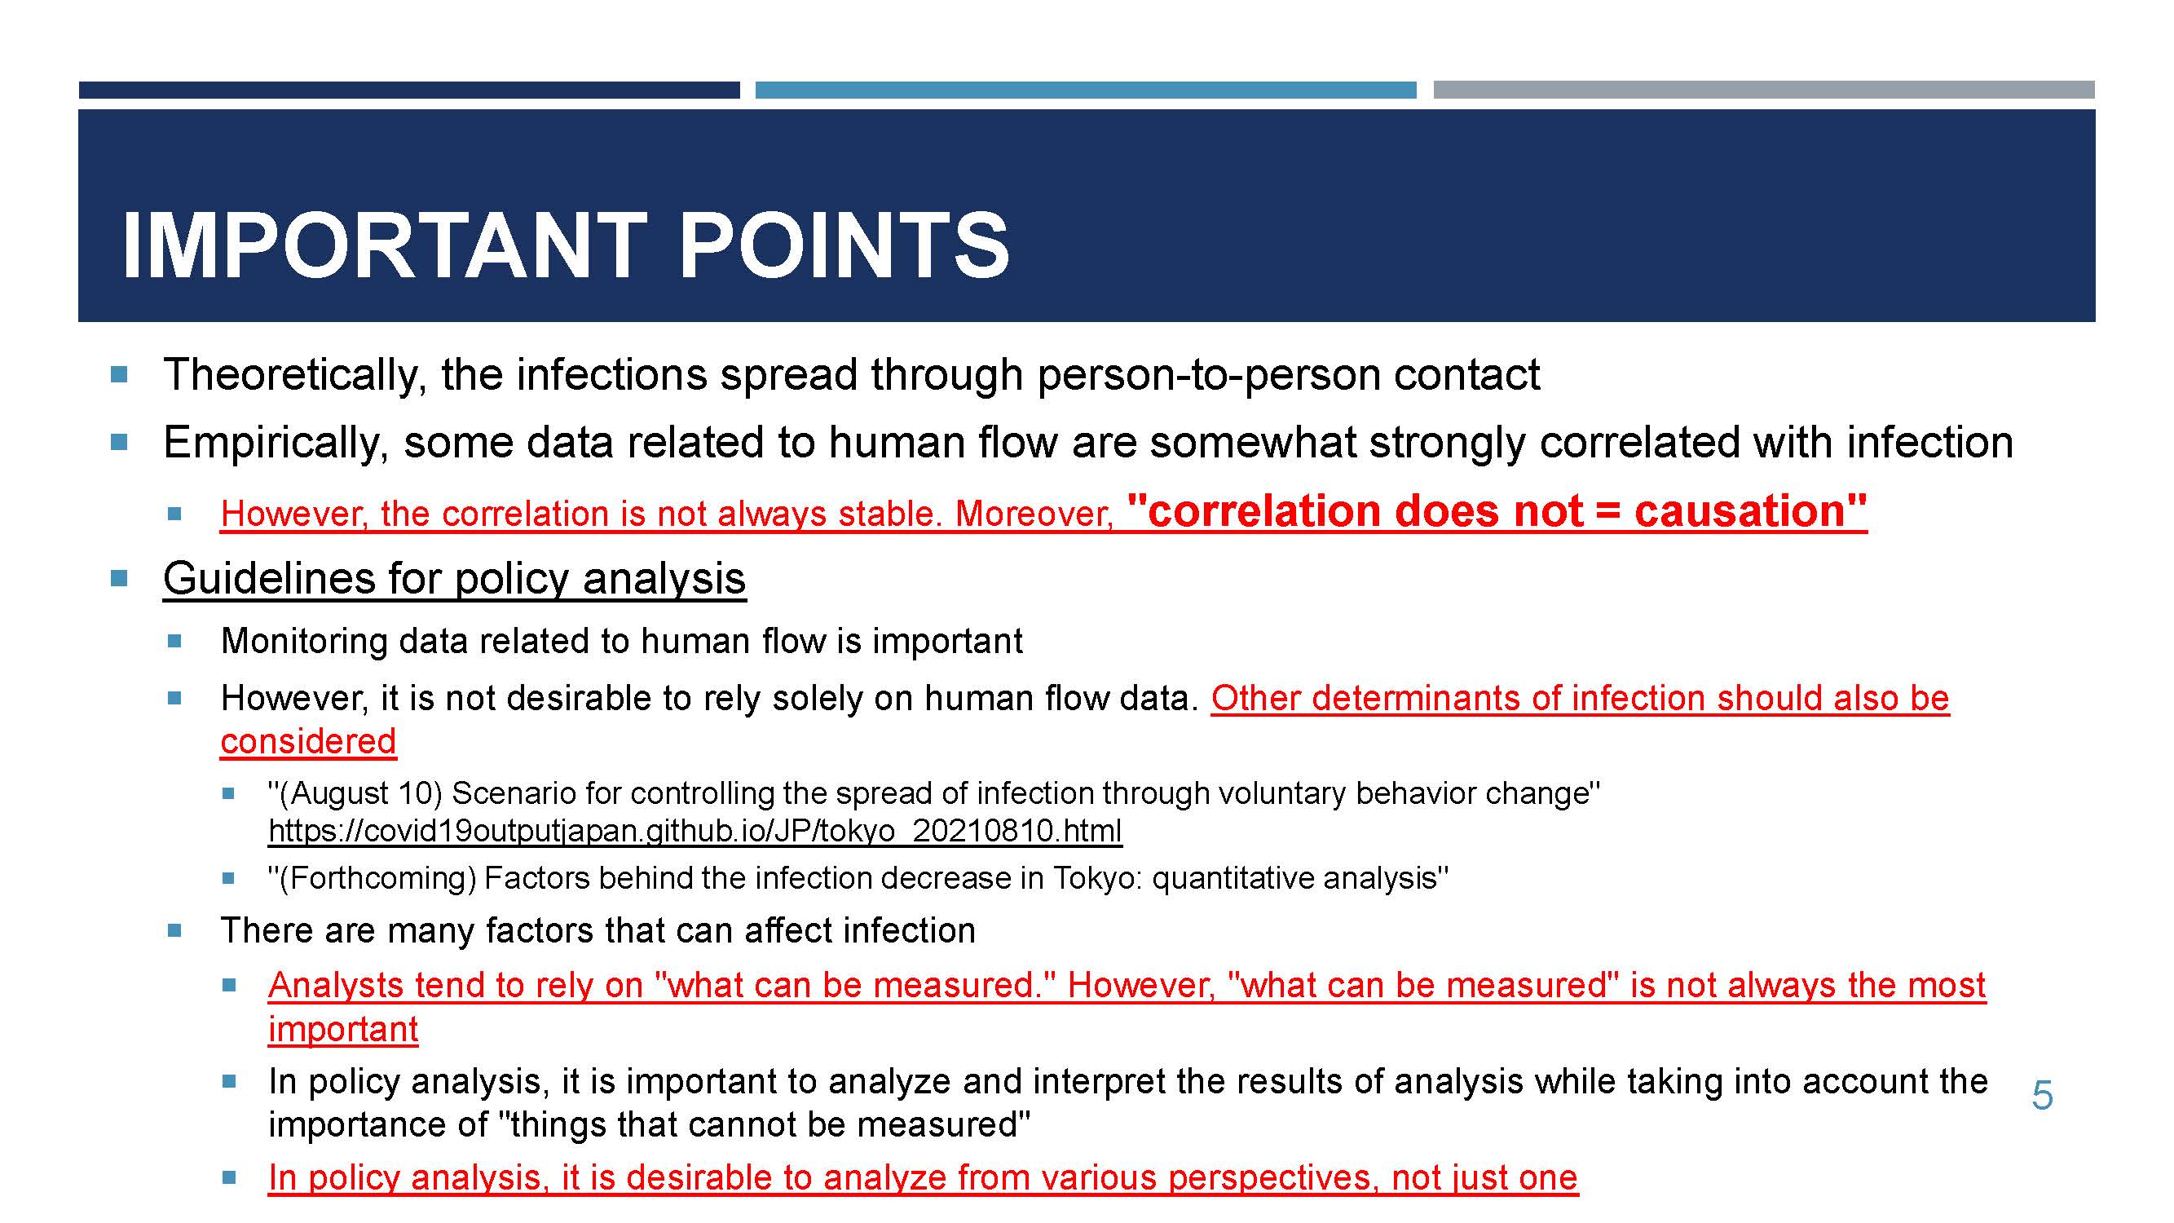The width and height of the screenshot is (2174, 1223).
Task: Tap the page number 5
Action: [x=2042, y=1095]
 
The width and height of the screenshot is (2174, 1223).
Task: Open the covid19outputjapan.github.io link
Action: [x=695, y=831]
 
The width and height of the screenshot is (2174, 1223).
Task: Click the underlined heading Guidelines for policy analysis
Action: [x=454, y=579]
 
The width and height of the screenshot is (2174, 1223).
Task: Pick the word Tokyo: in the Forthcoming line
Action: [x=1097, y=878]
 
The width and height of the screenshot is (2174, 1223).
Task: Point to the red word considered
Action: [x=308, y=741]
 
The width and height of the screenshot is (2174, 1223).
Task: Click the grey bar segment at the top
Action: [x=1764, y=90]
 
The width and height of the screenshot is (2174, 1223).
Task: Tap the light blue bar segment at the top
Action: [x=1085, y=90]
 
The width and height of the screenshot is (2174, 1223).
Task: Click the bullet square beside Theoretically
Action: [x=119, y=374]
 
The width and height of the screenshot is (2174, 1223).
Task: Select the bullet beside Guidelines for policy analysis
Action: [x=119, y=578]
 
